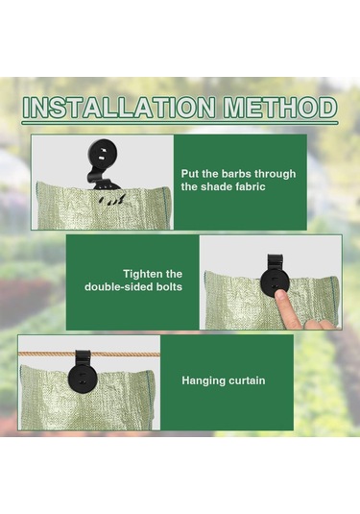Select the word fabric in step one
click(247, 187)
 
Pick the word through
click(278, 174)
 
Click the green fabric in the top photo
click(67, 207)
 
